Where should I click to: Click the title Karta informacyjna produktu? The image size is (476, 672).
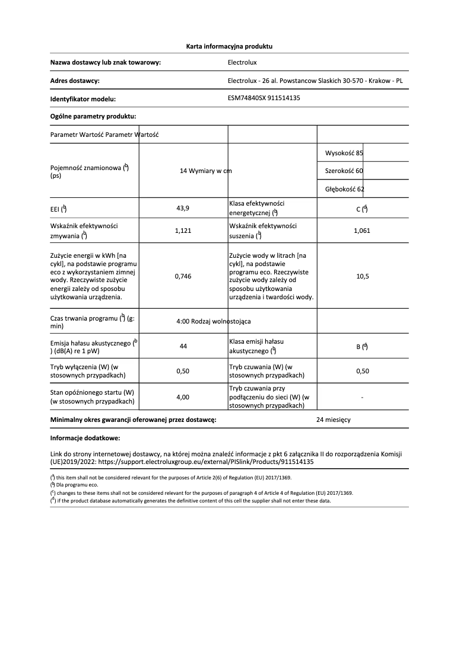pyautogui.click(x=229, y=46)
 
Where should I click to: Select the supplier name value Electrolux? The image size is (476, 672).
pyautogui.click(x=242, y=62)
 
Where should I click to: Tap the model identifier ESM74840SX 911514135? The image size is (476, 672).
pyautogui.click(x=264, y=98)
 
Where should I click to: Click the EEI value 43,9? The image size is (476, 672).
pyautogui.click(x=183, y=208)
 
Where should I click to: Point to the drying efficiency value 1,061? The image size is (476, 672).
pyautogui.click(x=361, y=231)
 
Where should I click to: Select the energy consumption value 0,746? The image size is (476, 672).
pyautogui.click(x=183, y=276)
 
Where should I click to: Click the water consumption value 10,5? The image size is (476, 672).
pyautogui.click(x=361, y=276)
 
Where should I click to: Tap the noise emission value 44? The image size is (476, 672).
pyautogui.click(x=183, y=347)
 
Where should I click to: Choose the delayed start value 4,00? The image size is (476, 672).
pyautogui.click(x=183, y=397)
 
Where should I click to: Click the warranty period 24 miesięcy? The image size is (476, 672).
pyautogui.click(x=334, y=419)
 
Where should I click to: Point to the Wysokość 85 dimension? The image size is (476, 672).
pyautogui.click(x=344, y=153)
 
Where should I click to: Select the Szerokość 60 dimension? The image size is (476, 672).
pyautogui.click(x=344, y=171)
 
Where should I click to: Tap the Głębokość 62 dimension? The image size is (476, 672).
pyautogui.click(x=345, y=189)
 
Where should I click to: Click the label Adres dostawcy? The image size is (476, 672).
pyautogui.click(x=75, y=81)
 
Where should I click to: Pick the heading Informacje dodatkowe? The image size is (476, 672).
pyautogui.click(x=85, y=438)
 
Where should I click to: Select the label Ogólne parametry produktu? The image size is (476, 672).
pyautogui.click(x=93, y=116)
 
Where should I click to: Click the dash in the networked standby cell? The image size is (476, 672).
pyautogui.click(x=361, y=397)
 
